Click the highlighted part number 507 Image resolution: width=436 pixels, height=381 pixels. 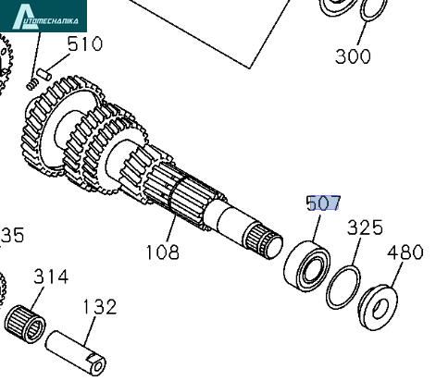[x=324, y=203]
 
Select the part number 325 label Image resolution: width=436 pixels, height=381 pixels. [x=365, y=227]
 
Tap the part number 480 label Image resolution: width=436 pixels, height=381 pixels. [x=405, y=252]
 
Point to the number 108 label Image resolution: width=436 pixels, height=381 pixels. [x=163, y=252]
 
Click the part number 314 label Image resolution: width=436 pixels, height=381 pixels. [x=51, y=277]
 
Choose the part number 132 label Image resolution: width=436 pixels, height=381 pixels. [x=100, y=307]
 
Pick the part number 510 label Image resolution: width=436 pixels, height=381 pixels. [x=85, y=43]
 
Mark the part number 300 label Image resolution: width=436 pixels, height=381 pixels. [x=353, y=56]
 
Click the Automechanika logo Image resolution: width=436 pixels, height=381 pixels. [x=44, y=16]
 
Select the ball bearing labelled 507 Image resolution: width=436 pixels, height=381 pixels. [x=306, y=265]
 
